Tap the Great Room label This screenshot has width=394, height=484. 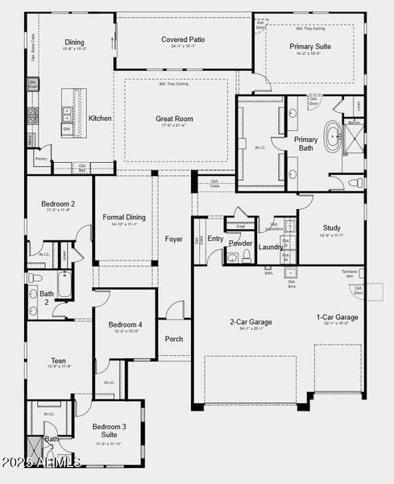(x=175, y=119)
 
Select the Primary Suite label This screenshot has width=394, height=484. (x=310, y=47)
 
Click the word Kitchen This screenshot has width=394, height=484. (x=100, y=119)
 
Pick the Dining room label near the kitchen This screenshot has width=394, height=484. (x=74, y=42)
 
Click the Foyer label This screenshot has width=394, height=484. (x=174, y=239)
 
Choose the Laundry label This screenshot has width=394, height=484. (x=271, y=247)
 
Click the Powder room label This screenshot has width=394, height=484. (x=240, y=243)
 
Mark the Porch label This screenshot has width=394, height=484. (x=174, y=339)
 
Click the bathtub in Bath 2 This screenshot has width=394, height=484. (x=63, y=284)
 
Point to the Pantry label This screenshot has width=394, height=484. (x=40, y=160)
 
